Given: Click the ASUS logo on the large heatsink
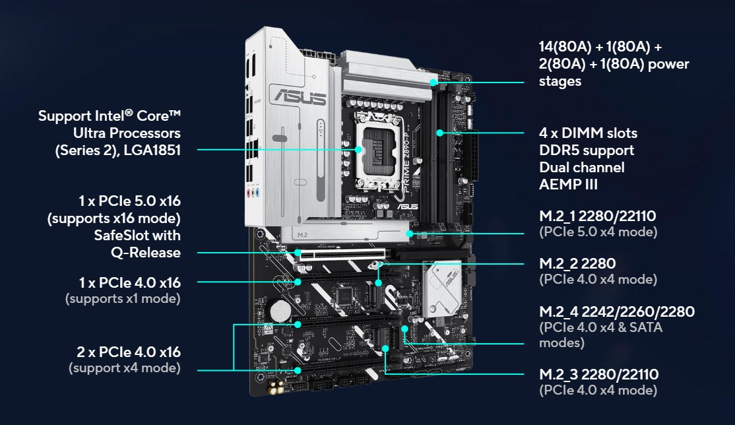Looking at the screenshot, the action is click(x=300, y=97).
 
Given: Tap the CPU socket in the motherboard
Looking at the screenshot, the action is click(x=378, y=150).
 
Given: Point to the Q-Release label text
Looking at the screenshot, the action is click(x=146, y=252).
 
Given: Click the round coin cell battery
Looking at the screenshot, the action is click(x=280, y=310).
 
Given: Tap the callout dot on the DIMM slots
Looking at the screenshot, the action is click(x=439, y=133).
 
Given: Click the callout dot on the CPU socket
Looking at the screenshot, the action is click(x=358, y=150).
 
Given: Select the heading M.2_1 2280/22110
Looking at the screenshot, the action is click(x=598, y=216).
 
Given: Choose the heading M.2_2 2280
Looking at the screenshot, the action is click(x=577, y=263).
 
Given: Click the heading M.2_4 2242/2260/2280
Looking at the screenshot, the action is click(x=617, y=311).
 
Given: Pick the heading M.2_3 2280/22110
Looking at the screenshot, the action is click(x=599, y=374).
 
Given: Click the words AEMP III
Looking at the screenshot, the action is click(x=568, y=184).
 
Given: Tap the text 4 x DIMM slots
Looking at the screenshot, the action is click(x=589, y=133).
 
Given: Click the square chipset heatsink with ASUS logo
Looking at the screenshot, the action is click(x=443, y=288).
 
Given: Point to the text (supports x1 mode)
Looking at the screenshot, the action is click(x=123, y=299).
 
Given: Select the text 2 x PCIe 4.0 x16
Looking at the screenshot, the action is click(x=129, y=352).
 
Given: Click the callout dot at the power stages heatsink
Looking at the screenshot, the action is click(x=433, y=82).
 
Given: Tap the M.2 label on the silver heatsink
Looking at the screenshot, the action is click(x=302, y=234).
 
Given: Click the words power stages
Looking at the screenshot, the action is click(x=614, y=72).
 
